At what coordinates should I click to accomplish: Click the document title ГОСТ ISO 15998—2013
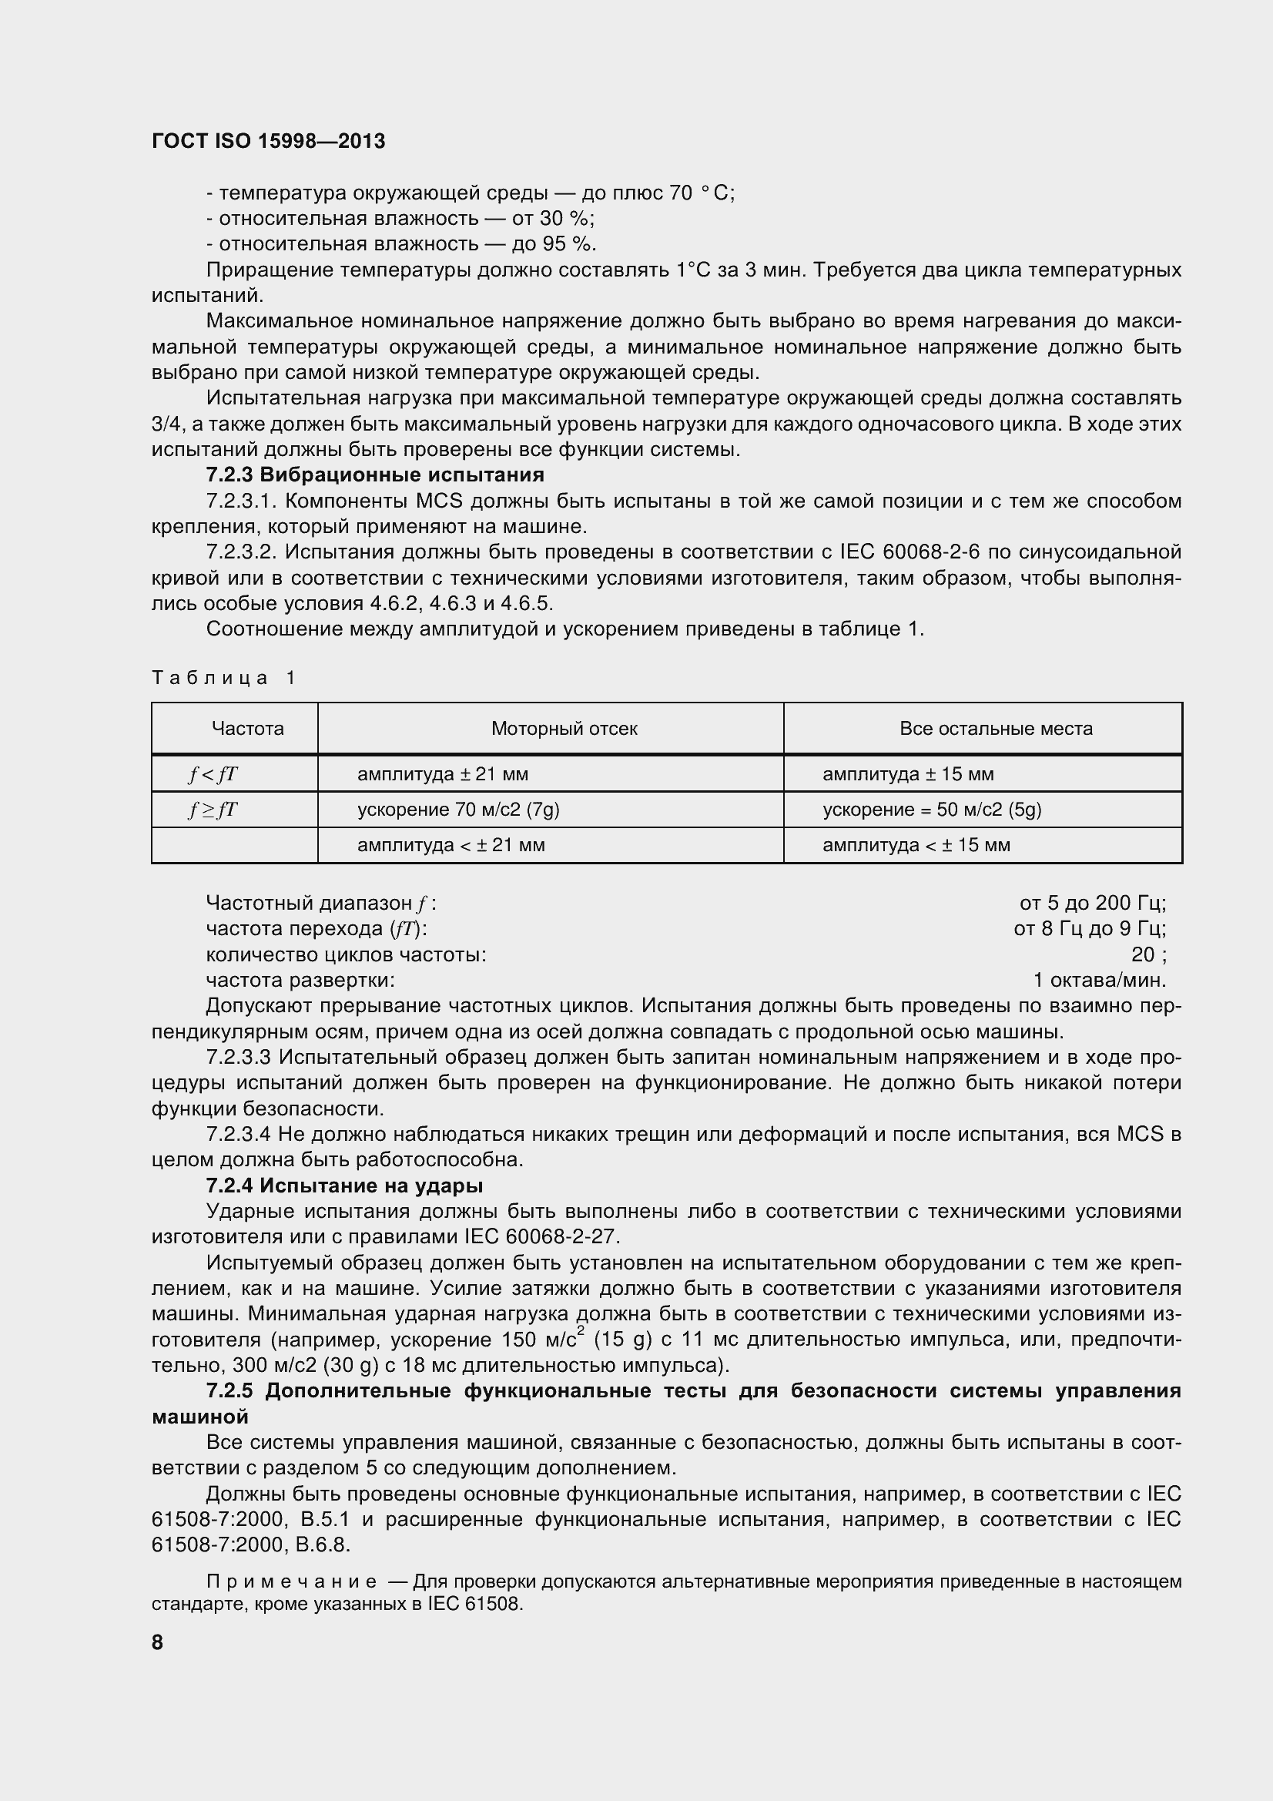pyautogui.click(x=268, y=141)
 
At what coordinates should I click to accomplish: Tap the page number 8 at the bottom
pyautogui.click(x=158, y=1642)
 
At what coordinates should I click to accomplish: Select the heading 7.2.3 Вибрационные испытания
pyautogui.click(x=375, y=475)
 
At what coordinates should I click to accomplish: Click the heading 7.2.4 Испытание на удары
pyautogui.click(x=344, y=1186)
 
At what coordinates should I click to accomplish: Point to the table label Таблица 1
pyautogui.click(x=224, y=678)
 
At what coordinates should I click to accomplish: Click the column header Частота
pyautogui.click(x=247, y=729)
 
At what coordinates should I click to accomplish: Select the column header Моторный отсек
pyautogui.click(x=564, y=729)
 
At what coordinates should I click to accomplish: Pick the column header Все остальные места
pyautogui.click(x=995, y=729)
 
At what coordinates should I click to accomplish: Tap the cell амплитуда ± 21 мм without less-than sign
pyautogui.click(x=442, y=774)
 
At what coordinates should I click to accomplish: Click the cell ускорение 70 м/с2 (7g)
pyautogui.click(x=458, y=810)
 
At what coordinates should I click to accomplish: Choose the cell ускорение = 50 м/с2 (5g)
pyautogui.click(x=932, y=810)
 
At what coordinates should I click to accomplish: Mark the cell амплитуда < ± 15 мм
pyautogui.click(x=916, y=845)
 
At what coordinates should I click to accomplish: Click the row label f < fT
pyautogui.click(x=213, y=774)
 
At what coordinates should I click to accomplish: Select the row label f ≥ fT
pyautogui.click(x=213, y=810)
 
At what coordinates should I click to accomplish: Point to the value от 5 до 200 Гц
pyautogui.click(x=1092, y=904)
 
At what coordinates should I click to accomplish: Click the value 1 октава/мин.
pyautogui.click(x=1099, y=981)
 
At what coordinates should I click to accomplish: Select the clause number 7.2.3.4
pyautogui.click(x=239, y=1134)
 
